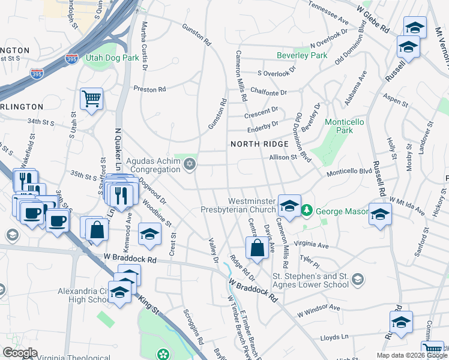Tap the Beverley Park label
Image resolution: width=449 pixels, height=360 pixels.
(x=302, y=56)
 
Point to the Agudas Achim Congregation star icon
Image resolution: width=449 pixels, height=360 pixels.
(x=190, y=164)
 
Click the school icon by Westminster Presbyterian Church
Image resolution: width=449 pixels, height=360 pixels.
(x=289, y=206)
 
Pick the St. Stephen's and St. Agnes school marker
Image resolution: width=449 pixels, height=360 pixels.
(x=358, y=279)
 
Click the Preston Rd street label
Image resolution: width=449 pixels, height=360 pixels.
(x=149, y=89)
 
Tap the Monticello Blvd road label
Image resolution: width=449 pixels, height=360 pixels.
(x=349, y=173)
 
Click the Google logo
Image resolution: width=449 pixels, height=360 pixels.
(x=20, y=352)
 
